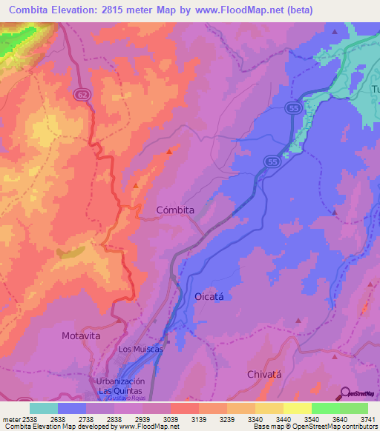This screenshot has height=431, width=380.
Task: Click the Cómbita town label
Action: click(175, 210)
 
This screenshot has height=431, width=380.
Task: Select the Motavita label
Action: click(80, 335)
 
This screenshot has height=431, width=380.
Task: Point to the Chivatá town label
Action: click(265, 374)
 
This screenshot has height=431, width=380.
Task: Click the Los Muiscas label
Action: click(140, 349)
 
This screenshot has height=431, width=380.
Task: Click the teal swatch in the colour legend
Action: click(44, 408)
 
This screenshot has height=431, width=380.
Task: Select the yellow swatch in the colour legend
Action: click(297, 408)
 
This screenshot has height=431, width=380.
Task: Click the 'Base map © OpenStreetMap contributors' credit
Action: click(315, 427)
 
